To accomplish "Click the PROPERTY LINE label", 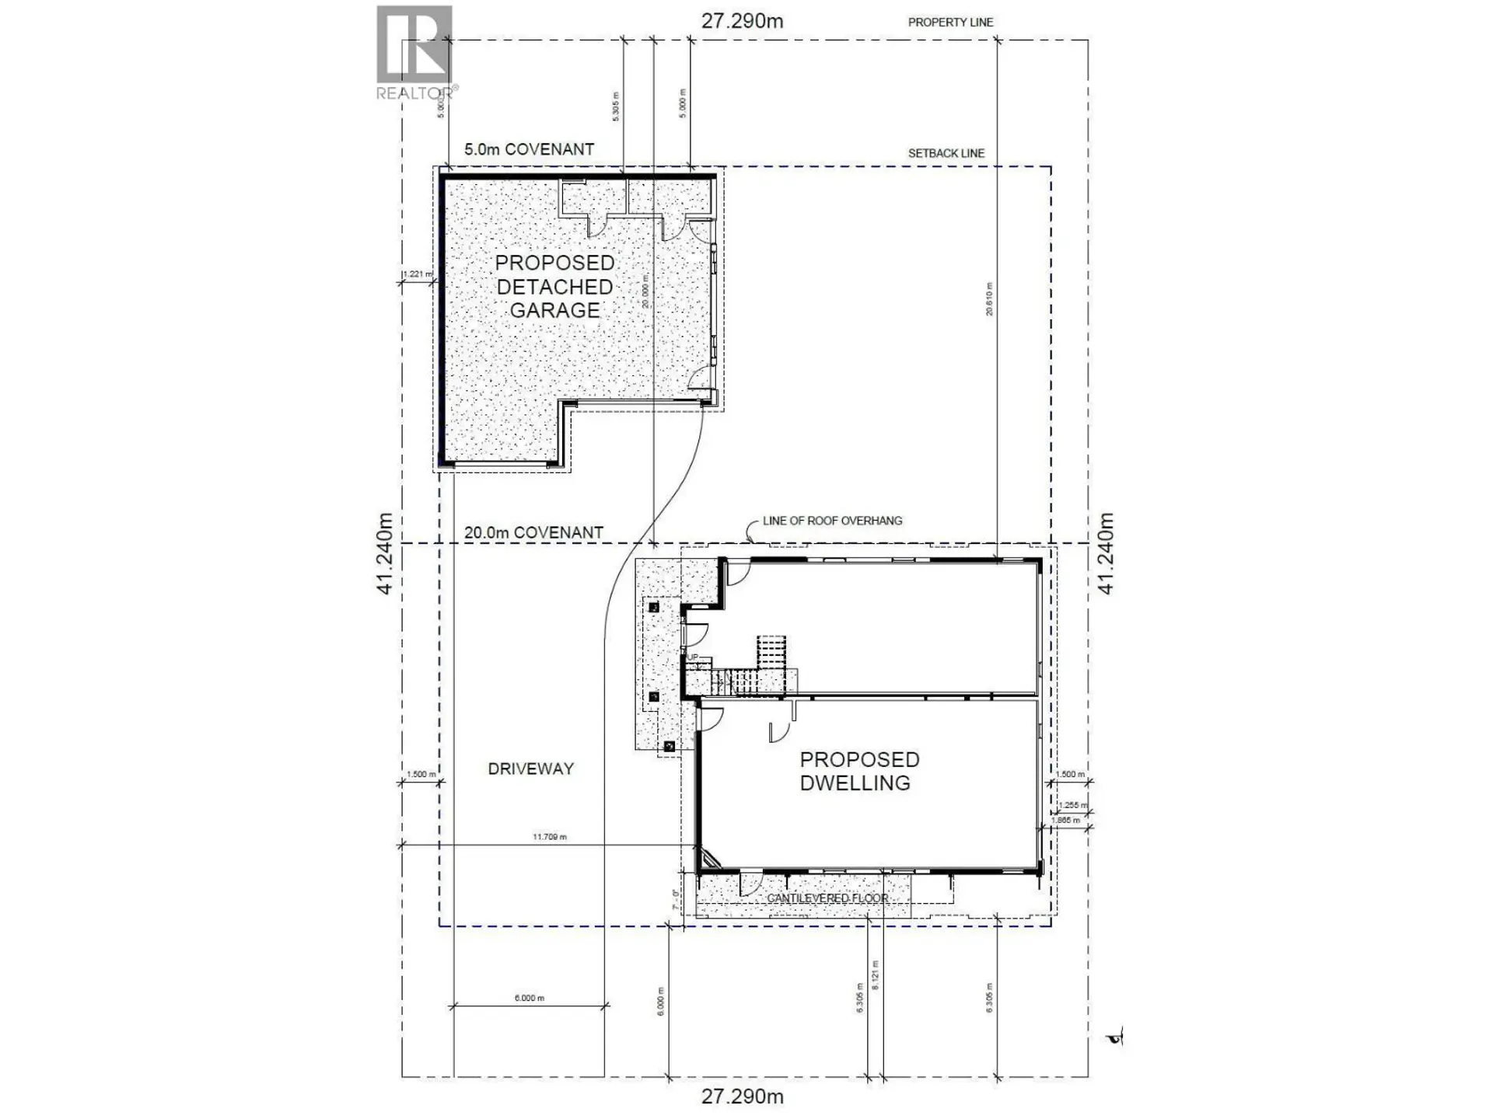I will [950, 23].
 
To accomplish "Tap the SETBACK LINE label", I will [946, 154].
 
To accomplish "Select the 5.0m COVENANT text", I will [529, 149].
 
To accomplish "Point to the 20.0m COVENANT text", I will [533, 533].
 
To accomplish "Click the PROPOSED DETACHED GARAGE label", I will [554, 287].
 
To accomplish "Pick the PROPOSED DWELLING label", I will [859, 771].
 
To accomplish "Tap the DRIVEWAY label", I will [530, 769].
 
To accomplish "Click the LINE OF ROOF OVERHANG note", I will [832, 521].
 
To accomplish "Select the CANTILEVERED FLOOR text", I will [827, 898].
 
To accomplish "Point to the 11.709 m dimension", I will [550, 837].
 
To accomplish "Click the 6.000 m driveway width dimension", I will [529, 998].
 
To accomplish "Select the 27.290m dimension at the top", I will [742, 21].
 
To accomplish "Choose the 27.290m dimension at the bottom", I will [742, 1096].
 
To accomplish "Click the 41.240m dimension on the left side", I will [385, 554].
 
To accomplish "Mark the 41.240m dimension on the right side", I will [1106, 554].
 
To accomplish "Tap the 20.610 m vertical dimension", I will [989, 299].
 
